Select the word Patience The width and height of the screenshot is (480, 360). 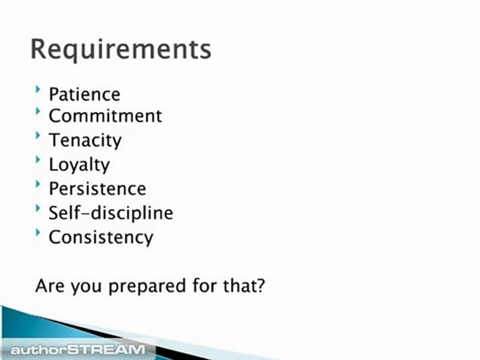[84, 94]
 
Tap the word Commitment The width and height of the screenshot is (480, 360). [105, 116]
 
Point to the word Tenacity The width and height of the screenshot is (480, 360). [84, 140]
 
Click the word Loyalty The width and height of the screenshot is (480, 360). [79, 164]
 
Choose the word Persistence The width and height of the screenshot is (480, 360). [97, 188]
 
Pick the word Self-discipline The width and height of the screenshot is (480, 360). [110, 213]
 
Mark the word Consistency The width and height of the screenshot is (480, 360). [100, 237]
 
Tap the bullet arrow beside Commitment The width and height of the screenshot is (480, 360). [38, 112]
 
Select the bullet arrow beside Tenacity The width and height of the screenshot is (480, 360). [38, 136]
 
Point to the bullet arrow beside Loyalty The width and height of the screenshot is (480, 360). [38, 160]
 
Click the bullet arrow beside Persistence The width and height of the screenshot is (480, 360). [38, 184]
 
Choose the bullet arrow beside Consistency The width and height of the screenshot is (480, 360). [38, 232]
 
